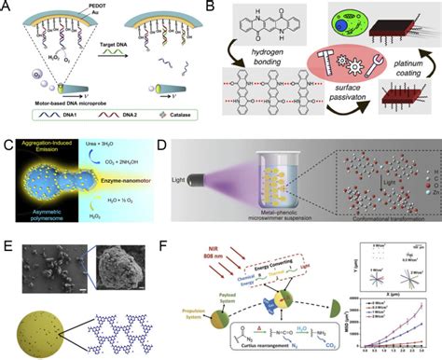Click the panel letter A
[8, 7]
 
